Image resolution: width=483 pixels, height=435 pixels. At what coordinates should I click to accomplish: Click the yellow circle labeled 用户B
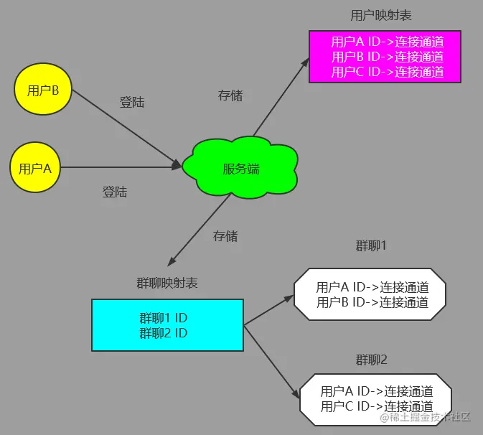[x=42, y=90]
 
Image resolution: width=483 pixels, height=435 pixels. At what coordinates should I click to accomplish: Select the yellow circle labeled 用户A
[x=35, y=169]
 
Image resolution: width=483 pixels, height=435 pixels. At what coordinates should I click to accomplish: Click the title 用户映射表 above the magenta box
[x=380, y=15]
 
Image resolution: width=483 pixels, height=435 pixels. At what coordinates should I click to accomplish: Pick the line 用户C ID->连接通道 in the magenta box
[x=387, y=72]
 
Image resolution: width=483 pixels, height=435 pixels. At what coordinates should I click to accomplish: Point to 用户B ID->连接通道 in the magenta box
[x=387, y=57]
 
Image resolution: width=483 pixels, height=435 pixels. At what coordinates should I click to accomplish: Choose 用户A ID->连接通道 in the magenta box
[x=387, y=42]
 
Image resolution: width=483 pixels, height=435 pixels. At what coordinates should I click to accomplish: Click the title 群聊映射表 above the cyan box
[x=167, y=283]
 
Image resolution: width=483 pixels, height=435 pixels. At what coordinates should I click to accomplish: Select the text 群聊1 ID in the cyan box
[x=164, y=317]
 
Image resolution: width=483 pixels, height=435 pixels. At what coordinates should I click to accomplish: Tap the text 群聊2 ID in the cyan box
[x=164, y=333]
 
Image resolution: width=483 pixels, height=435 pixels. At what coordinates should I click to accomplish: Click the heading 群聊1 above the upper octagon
[x=371, y=246]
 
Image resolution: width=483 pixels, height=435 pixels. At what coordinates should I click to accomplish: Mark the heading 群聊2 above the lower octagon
[x=371, y=359]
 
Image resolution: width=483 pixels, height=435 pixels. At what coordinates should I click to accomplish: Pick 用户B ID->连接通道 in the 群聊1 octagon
[x=372, y=302]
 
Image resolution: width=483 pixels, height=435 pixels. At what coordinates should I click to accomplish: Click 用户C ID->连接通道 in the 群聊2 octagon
[x=376, y=406]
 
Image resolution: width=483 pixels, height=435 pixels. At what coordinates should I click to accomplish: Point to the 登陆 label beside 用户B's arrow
[x=132, y=103]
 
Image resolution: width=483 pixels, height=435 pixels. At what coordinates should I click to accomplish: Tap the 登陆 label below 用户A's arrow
[x=115, y=192]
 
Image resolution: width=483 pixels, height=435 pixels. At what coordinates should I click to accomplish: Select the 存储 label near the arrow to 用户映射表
[x=230, y=95]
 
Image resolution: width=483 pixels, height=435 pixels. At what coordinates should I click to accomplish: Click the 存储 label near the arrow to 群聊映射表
[x=225, y=235]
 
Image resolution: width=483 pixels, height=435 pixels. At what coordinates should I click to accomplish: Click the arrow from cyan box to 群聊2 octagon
[x=271, y=361]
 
